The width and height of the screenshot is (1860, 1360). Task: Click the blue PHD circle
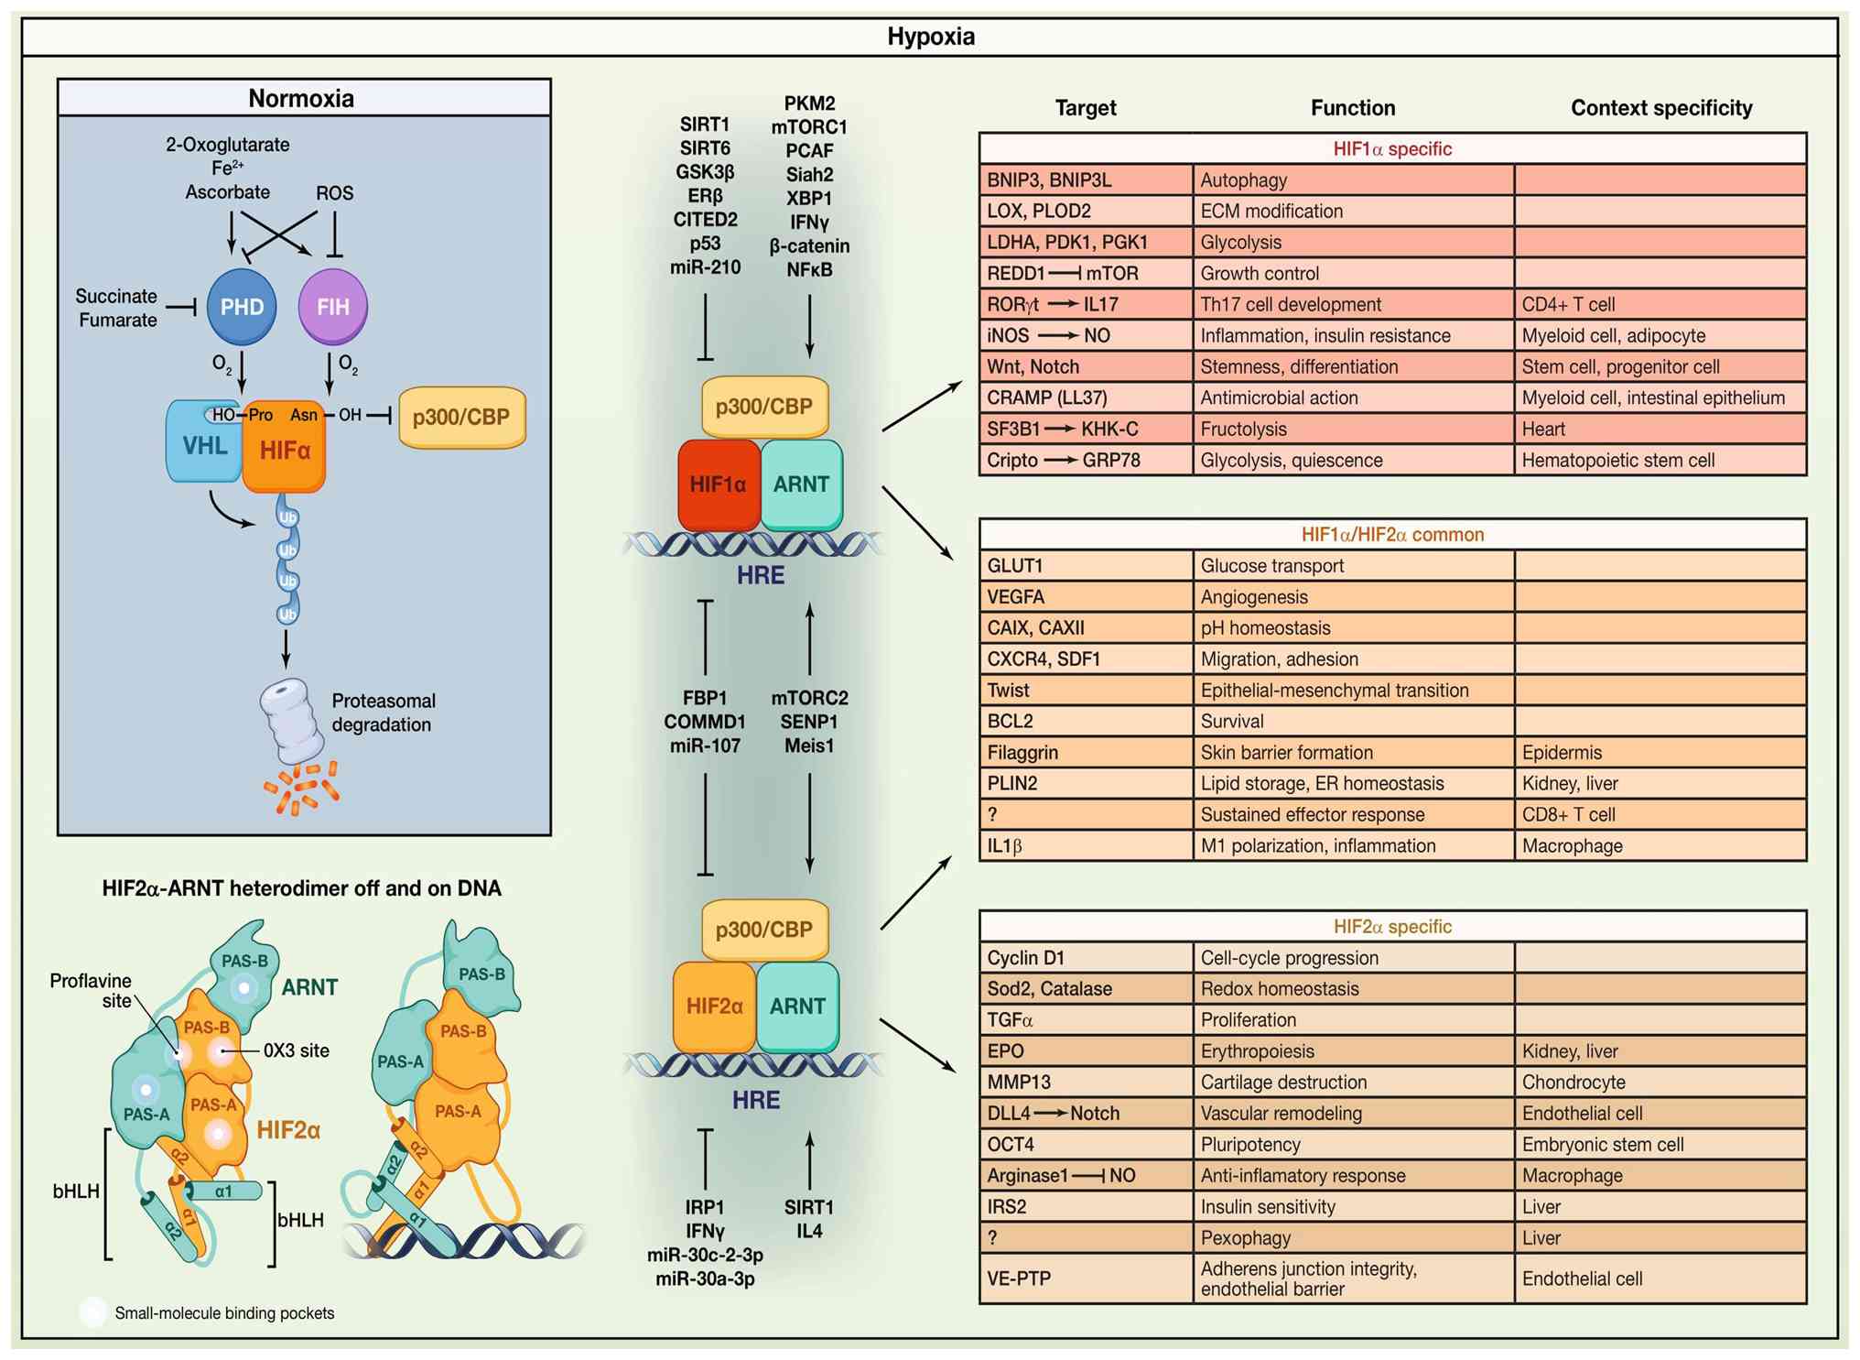242,307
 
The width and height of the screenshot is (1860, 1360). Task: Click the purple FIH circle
333,307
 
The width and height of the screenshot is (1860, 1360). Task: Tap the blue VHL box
204,446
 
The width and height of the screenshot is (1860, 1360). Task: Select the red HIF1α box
719,484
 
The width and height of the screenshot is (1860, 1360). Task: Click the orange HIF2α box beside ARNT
715,1006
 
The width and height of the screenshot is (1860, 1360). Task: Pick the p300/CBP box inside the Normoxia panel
461,418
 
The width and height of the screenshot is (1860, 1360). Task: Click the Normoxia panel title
301,98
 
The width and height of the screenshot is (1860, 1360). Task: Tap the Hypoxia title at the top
930,37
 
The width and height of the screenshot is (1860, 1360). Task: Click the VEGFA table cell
1086,597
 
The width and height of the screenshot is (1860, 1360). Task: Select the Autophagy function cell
1353,180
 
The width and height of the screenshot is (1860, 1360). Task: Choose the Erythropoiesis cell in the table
1353,1051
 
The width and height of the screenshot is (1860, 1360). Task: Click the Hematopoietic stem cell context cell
1659,461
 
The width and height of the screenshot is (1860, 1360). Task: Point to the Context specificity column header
1661,108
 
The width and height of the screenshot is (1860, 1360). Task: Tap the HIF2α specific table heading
1392,927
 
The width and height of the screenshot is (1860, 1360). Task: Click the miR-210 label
705,267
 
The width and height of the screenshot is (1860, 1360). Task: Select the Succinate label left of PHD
116,296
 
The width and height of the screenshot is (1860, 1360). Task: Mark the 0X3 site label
296,1051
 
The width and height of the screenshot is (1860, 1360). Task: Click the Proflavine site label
91,991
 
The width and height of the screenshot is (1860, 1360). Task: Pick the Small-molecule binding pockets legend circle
92,1312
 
